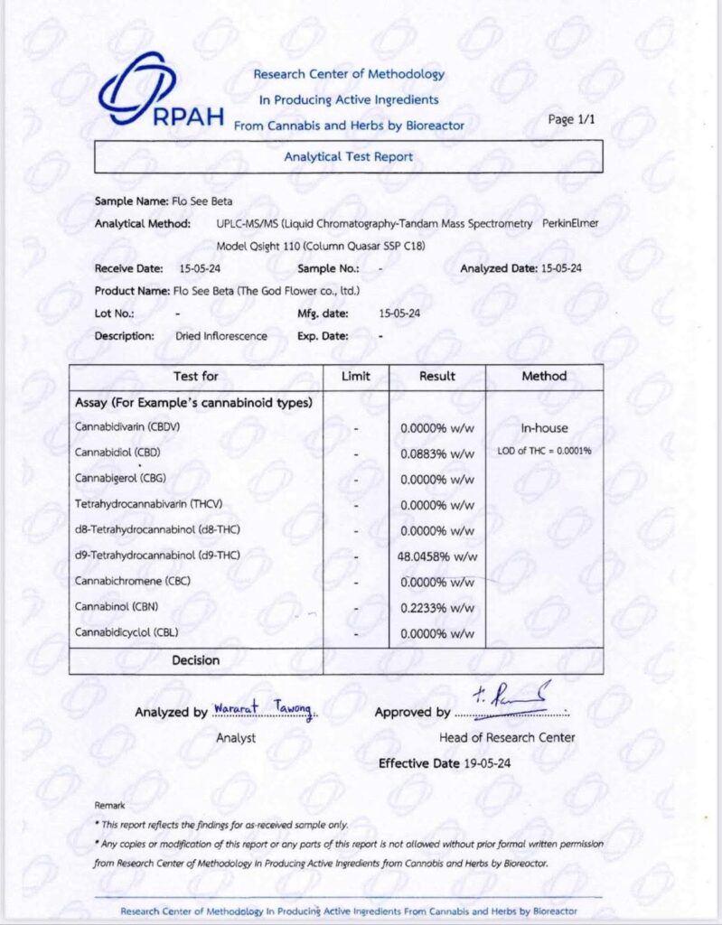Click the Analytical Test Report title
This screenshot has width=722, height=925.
348,156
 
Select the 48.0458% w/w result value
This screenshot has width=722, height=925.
436,556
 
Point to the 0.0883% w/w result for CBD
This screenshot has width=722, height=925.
436,453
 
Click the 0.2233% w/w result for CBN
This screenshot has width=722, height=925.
436,608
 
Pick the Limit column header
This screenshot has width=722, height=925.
356,376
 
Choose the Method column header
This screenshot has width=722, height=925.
544,376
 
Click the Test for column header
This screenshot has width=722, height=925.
195,376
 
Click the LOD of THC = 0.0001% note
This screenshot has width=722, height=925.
544,451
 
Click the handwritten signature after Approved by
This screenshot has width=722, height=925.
510,700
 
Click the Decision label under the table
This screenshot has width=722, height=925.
195,660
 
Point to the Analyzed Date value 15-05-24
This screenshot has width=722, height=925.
560,269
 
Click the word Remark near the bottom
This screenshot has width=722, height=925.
109,804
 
